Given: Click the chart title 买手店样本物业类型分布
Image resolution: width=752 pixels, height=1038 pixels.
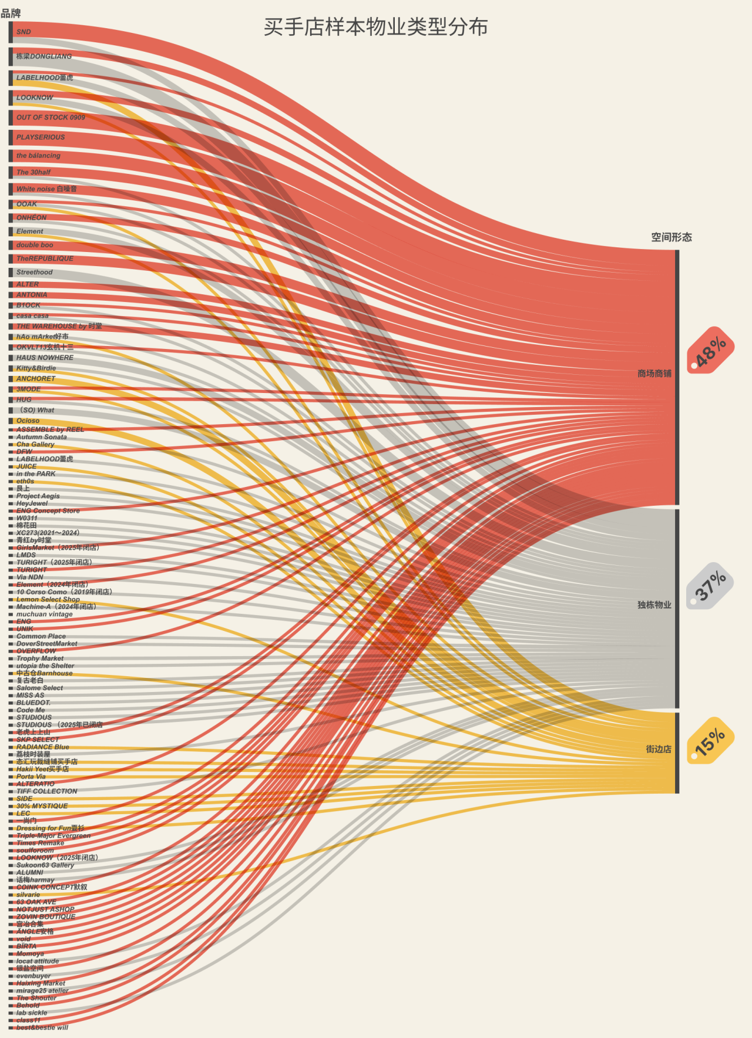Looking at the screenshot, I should [375, 27].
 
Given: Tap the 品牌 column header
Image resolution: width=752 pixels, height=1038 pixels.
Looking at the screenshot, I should [11, 13].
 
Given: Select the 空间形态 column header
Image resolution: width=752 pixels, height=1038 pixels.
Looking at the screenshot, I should [671, 237].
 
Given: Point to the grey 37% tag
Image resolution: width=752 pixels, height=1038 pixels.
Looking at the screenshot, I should [710, 586].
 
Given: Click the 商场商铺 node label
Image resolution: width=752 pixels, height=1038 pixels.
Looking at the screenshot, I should [654, 374].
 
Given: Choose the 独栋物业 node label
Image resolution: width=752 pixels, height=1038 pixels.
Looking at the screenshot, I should [654, 605].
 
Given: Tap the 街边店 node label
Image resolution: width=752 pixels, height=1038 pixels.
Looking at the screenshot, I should [658, 749].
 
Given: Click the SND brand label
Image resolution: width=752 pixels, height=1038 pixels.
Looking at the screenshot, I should [23, 32].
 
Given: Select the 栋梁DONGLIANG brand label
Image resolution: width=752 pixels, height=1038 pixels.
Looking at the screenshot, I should [43, 56].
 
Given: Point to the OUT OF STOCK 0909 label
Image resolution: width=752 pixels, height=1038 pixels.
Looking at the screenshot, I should [51, 117].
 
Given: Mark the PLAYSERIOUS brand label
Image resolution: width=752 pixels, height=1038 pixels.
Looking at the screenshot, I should [41, 137].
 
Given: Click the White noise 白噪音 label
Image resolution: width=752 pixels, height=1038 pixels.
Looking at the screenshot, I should [46, 189].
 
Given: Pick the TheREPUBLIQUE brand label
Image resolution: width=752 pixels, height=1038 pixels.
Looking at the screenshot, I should [45, 258].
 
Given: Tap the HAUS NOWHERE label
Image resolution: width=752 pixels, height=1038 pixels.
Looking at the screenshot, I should [45, 358].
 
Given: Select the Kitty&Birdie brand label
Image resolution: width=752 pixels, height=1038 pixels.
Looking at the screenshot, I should [36, 368].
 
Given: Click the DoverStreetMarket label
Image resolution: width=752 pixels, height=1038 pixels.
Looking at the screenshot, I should [46, 644].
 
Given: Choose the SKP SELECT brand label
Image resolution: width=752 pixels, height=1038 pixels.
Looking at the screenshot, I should [38, 740].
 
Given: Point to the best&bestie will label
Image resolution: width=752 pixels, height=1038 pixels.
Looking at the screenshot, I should [42, 1027].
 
